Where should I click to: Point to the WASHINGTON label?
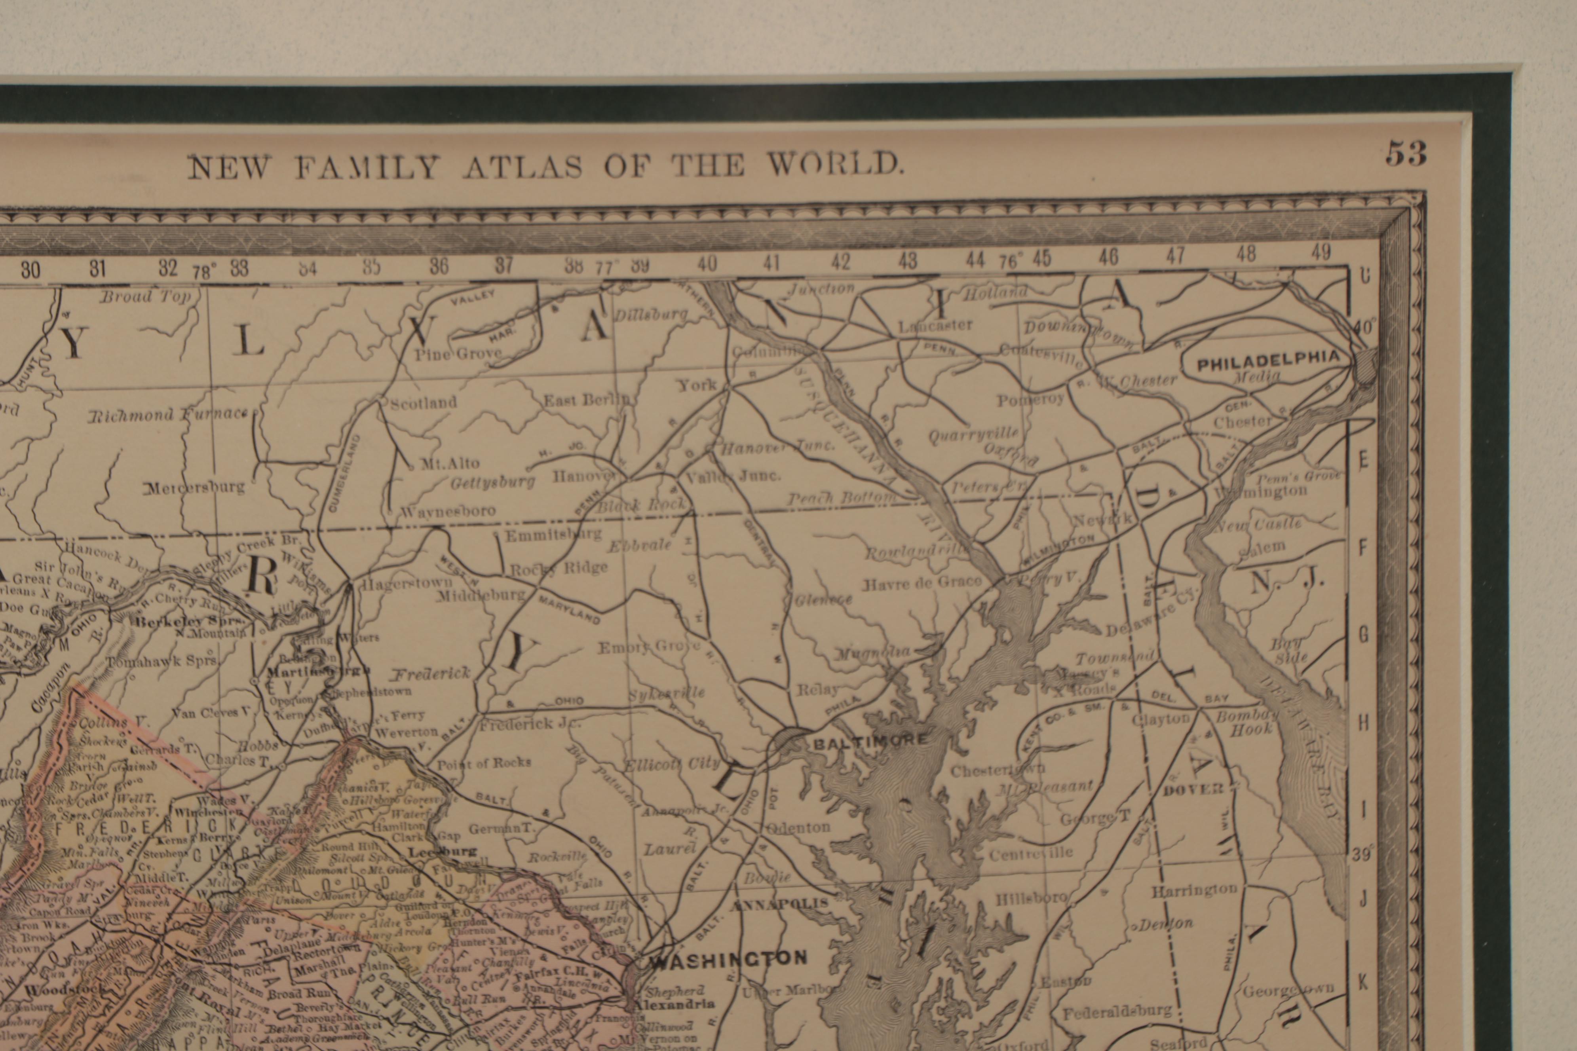[x=728, y=959]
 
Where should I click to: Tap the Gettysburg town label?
[x=493, y=482]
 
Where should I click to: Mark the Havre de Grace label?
[x=922, y=582]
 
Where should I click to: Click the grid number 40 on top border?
[x=707, y=264]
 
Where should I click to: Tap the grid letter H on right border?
[x=1363, y=723]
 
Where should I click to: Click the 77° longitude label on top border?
[x=608, y=266]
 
